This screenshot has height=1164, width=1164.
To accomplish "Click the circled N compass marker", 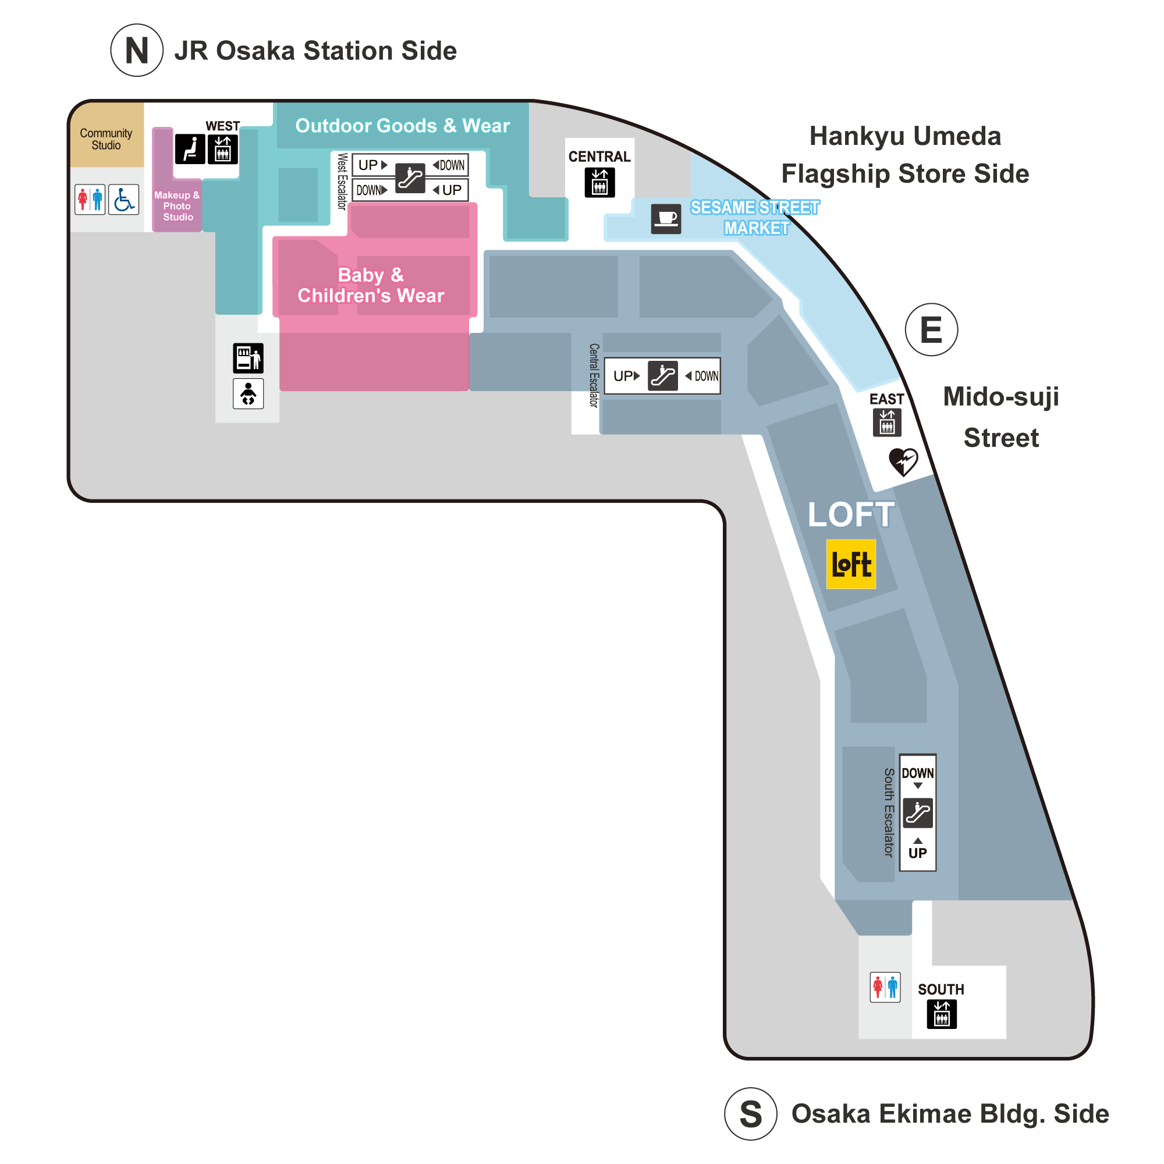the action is click(137, 50).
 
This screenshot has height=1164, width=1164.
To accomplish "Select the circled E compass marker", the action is click(931, 329).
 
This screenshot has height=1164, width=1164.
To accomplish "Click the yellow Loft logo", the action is click(851, 564).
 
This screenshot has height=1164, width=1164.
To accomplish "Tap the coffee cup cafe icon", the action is click(666, 218).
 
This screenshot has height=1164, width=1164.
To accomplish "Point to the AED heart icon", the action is click(903, 462).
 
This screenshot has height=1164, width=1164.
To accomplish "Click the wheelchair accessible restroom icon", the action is click(123, 200).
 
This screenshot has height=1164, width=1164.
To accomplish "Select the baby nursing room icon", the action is click(249, 393).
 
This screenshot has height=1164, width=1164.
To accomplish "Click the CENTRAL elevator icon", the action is click(599, 182).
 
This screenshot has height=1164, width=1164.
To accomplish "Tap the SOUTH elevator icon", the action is click(942, 1014).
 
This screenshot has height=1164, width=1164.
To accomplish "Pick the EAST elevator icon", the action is click(887, 422).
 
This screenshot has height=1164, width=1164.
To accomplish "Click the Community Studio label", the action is click(106, 139).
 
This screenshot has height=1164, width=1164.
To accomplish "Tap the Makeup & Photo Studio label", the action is click(177, 206).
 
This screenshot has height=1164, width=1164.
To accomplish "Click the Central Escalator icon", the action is click(663, 376).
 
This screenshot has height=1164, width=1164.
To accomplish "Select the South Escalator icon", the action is click(918, 812).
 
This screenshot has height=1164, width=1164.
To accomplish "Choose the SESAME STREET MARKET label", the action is click(755, 218).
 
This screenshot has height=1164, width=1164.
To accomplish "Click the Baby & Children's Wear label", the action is click(371, 285).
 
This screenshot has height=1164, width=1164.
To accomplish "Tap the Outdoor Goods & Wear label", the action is click(403, 125).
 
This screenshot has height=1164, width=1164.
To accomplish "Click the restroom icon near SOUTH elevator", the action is click(885, 987).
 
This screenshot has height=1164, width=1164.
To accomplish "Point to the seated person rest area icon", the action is click(190, 149).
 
